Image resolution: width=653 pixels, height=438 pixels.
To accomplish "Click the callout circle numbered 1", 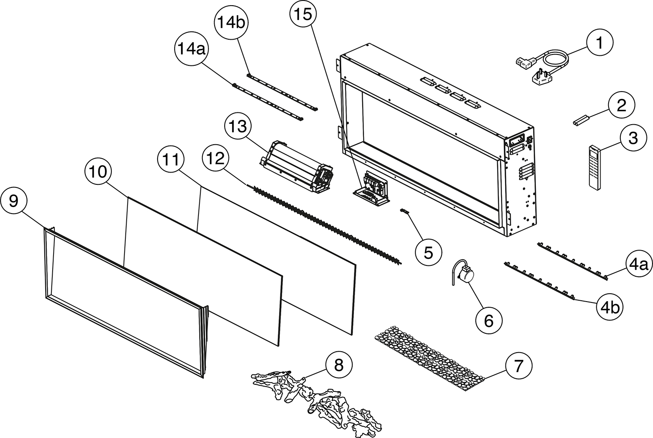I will [x=599, y=43].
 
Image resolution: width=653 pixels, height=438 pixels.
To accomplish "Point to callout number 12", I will [x=215, y=160].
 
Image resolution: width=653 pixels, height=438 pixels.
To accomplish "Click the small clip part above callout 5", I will [x=405, y=211].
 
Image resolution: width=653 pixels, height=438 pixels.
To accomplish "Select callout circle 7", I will [x=518, y=366].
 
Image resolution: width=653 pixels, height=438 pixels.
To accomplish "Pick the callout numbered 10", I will [x=98, y=172].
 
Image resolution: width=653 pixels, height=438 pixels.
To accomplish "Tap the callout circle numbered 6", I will [x=488, y=320].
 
